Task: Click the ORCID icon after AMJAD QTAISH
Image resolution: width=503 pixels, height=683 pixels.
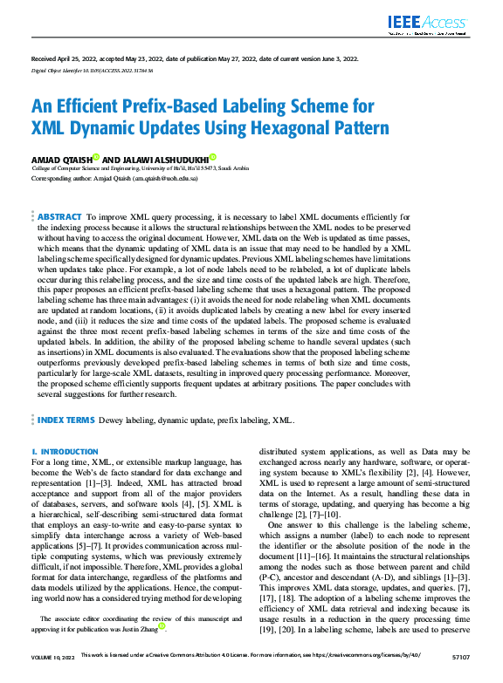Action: tap(97, 158)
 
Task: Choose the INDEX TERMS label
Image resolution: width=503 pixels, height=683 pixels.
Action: tap(66, 420)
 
